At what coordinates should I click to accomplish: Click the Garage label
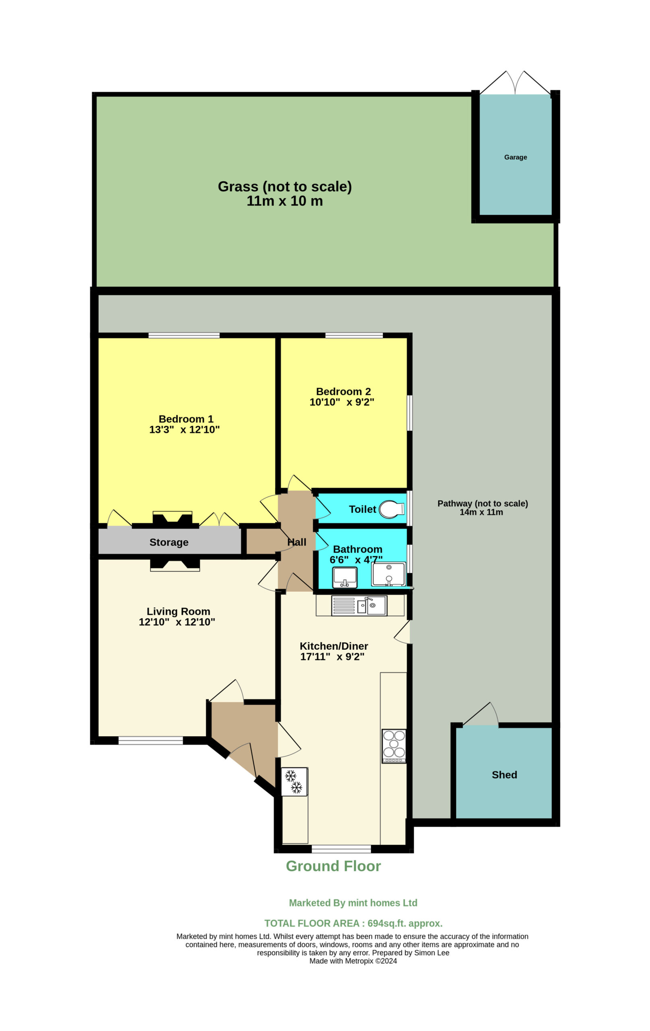point(515,157)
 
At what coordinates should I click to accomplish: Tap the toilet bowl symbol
point(391,509)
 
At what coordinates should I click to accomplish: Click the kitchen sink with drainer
point(359,606)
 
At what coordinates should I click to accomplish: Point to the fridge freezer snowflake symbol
point(294,782)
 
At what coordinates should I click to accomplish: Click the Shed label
point(504,774)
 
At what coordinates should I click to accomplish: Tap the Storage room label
point(169,542)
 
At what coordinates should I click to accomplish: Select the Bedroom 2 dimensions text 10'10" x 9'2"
point(342,402)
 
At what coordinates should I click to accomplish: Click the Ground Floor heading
point(333,866)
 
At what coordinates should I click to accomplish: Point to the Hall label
point(297,542)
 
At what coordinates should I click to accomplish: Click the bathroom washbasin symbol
point(345,577)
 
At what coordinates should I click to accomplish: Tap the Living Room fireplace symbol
point(175,565)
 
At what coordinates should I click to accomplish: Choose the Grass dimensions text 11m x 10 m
point(285,201)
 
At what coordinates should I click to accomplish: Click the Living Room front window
point(151,740)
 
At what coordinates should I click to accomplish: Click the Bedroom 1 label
point(186,419)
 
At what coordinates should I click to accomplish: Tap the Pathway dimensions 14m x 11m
point(481,512)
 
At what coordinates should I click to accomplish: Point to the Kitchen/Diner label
point(333,646)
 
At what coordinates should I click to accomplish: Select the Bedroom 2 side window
point(409,413)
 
